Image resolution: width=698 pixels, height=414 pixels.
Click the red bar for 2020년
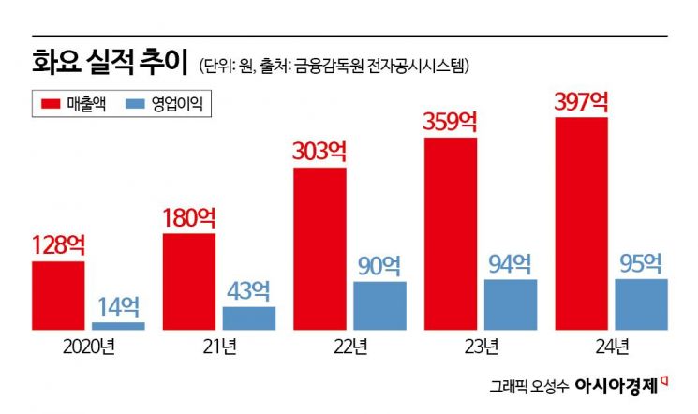(x=58, y=295)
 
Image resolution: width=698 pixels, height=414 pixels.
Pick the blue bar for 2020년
(x=118, y=325)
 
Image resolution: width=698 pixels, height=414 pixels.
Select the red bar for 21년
(x=189, y=281)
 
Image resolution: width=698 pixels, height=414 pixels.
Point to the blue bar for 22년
(x=379, y=305)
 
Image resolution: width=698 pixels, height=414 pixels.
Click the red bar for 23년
(x=451, y=234)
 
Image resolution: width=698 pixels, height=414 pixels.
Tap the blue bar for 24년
(x=641, y=303)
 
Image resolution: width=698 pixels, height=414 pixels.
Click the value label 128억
(x=58, y=245)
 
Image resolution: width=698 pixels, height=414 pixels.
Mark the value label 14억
(x=118, y=305)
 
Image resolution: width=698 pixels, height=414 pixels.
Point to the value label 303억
(x=319, y=152)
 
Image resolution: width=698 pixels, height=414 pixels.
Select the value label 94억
(x=511, y=263)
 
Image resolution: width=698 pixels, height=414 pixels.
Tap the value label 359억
(x=451, y=122)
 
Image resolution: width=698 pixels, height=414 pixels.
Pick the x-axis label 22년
(x=349, y=347)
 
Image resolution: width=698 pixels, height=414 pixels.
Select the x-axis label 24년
(x=611, y=347)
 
